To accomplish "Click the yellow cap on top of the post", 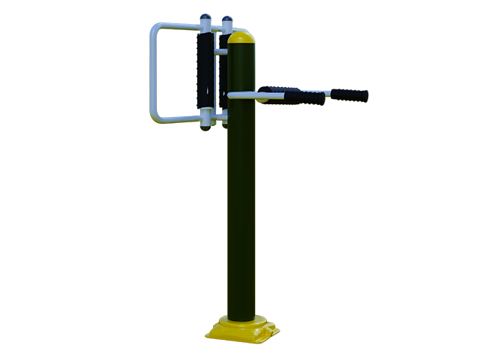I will click(241, 37).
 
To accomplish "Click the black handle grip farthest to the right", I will click(350, 95).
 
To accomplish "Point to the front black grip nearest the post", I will click(304, 98).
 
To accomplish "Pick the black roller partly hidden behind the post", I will click(223, 75).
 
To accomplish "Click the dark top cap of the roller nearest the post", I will click(225, 20).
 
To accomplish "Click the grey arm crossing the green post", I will click(241, 95).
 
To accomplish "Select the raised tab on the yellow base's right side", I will click(274, 327).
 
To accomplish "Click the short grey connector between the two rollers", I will click(215, 52).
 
